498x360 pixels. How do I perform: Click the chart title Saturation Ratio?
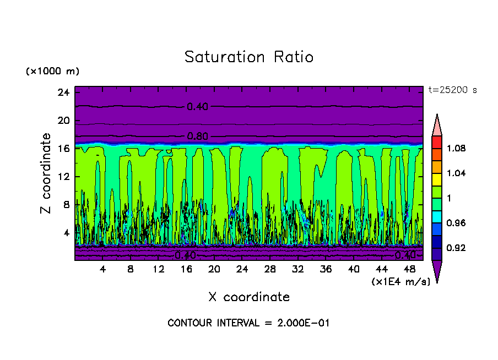[x=249, y=57]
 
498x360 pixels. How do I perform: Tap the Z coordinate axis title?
[x=46, y=173]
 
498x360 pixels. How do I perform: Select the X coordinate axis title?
[x=249, y=297]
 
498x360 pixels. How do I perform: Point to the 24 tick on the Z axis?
[x=63, y=92]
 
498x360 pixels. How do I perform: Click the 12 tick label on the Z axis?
[x=63, y=177]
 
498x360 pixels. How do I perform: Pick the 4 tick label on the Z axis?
[x=66, y=233]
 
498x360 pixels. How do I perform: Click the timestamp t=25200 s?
[x=452, y=90]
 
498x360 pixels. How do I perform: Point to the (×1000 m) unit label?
[x=52, y=72]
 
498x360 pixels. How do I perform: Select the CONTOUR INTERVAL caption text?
[x=248, y=323]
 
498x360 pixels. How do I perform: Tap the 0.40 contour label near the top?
[x=197, y=107]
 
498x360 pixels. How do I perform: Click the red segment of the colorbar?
[x=436, y=142]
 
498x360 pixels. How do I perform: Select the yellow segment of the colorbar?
[x=436, y=179]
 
